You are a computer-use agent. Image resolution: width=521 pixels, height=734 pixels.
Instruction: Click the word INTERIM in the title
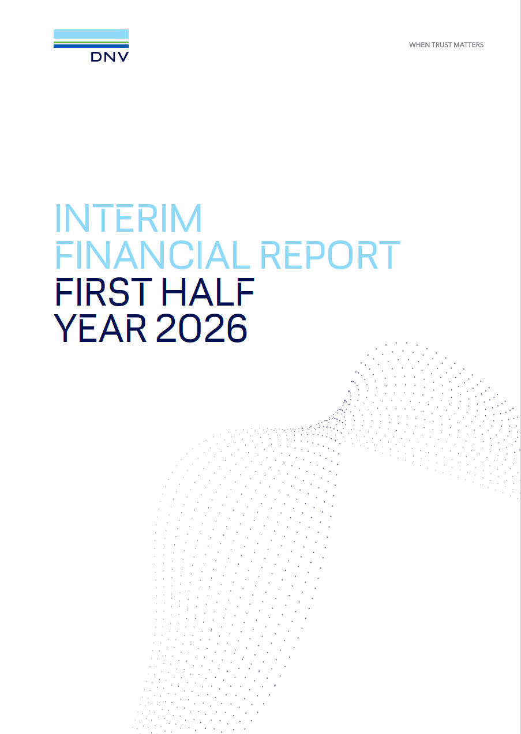(129, 218)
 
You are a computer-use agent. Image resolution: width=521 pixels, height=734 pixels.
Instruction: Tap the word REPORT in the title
(331, 255)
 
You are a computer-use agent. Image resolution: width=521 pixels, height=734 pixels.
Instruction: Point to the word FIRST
(104, 292)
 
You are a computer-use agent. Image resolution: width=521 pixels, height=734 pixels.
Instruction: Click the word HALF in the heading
(208, 292)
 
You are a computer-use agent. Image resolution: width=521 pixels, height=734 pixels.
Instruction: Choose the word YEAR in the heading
(100, 328)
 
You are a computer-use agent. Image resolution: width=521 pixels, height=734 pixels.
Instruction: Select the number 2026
(201, 328)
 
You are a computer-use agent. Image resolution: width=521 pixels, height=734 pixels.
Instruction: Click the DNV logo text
(110, 57)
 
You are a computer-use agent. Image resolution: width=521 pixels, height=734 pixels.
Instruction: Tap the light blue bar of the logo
(91, 34)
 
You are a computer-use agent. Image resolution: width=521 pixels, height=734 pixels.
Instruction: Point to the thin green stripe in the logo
(91, 43)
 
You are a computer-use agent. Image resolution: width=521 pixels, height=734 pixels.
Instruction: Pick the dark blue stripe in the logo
(91, 46)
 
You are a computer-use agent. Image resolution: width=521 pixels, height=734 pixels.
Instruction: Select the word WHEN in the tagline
(419, 45)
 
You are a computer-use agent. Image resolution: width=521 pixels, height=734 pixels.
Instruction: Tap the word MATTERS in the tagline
(468, 45)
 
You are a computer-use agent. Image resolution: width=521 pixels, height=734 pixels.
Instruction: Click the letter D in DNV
(96, 57)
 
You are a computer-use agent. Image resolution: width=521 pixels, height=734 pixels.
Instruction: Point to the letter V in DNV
(123, 57)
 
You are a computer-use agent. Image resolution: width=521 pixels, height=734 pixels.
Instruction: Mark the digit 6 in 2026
(237, 328)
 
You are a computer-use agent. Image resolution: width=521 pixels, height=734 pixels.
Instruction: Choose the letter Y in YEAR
(65, 328)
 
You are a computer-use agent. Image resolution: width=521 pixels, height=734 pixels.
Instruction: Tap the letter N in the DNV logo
(110, 57)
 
